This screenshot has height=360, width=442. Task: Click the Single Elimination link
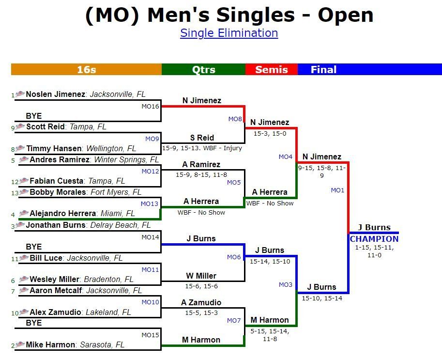pos(229,33)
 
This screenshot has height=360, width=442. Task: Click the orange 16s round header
pos(86,69)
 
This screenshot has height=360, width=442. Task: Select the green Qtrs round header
pos(203,69)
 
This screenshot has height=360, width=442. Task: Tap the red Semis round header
pos(272,69)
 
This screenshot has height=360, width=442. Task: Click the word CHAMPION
pos(374,239)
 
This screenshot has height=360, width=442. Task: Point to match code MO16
pos(150,107)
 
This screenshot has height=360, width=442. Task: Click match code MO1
pos(337,190)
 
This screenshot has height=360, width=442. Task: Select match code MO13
pos(150,203)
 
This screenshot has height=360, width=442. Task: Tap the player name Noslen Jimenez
pos(55,94)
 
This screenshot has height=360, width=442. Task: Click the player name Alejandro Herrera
pos(62,213)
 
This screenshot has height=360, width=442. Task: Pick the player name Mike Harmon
pos(50,344)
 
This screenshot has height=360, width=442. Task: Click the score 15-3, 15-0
pos(270,133)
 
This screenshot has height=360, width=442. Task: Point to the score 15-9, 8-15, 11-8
pos(201,174)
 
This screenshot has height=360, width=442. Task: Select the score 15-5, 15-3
pos(201,313)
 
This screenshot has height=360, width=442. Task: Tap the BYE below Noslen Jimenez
pos(34,116)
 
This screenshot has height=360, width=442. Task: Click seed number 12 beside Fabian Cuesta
pos(15,182)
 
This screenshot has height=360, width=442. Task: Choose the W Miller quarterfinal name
pos(201,276)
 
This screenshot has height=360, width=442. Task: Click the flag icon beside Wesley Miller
pos(23,279)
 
